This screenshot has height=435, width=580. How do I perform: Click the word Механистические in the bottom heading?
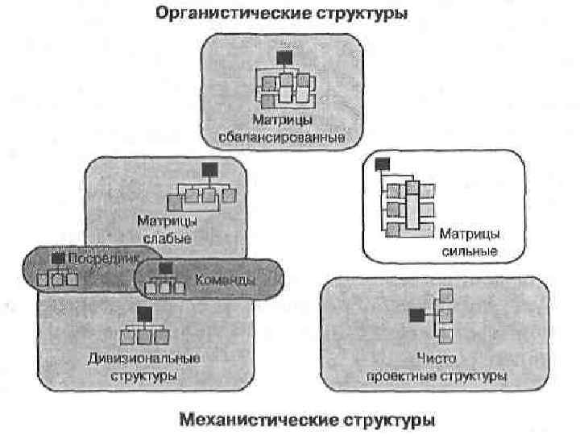[x=246, y=420]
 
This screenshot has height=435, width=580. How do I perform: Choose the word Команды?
[x=226, y=280]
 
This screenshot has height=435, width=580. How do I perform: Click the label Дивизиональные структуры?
[x=144, y=367]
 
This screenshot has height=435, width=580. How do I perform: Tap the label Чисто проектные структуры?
[x=437, y=367]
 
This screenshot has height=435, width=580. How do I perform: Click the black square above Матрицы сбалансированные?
[x=283, y=58]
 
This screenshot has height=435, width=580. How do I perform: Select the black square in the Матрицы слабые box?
[x=209, y=169]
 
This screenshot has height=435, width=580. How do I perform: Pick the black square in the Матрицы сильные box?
[x=381, y=164]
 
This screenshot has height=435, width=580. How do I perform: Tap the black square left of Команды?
[x=165, y=268]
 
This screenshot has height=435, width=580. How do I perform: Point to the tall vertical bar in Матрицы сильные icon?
[x=412, y=208]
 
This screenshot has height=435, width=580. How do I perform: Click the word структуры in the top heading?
[x=363, y=14]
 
